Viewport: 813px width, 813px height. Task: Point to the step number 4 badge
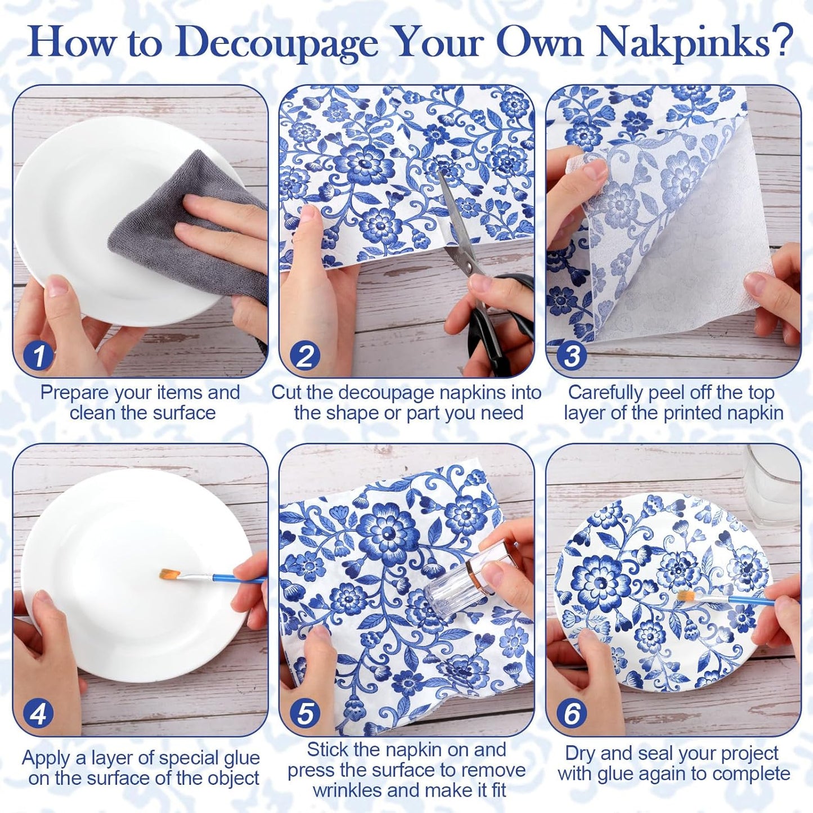click(x=39, y=713)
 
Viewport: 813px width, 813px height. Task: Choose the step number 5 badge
click(x=305, y=713)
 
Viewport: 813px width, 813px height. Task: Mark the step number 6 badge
click(x=572, y=713)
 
